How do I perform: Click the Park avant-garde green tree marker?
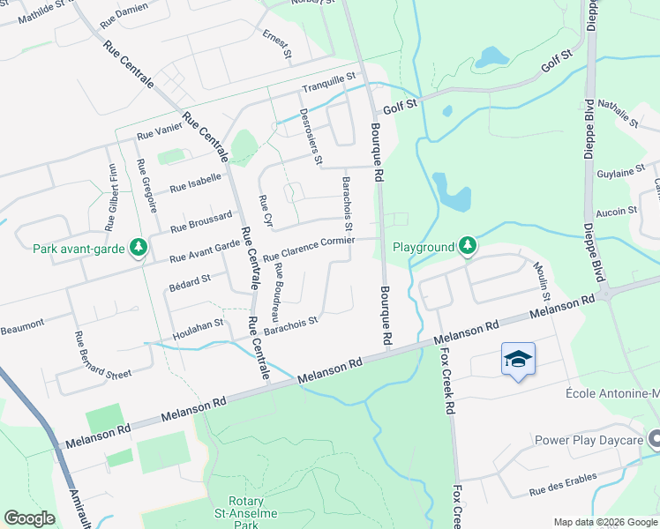click(138, 249)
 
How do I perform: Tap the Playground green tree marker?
click(468, 247)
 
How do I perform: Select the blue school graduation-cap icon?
click(518, 359)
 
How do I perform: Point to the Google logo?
click(29, 518)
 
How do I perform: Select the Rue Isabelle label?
click(195, 182)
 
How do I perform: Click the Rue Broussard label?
click(201, 220)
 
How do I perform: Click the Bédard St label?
click(189, 280)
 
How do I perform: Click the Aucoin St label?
click(617, 211)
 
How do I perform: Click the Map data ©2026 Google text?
click(604, 521)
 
